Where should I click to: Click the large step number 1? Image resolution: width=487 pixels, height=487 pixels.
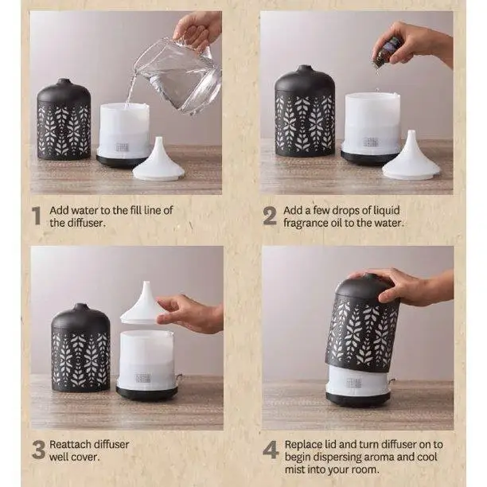(37, 216)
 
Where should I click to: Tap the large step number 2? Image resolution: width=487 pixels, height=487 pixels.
(269, 216)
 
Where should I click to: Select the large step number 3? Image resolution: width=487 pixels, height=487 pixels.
(38, 450)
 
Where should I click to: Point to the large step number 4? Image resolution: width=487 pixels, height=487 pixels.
(271, 450)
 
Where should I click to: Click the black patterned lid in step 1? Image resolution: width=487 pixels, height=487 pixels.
(64, 119)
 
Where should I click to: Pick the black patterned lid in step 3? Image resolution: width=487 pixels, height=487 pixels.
(80, 347)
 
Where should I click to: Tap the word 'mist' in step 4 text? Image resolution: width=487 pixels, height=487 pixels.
(294, 469)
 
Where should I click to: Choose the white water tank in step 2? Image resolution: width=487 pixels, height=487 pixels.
(372, 123)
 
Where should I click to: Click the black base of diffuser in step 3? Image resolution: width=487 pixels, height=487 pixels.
(146, 394)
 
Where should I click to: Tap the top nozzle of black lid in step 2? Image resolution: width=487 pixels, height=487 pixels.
(305, 68)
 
